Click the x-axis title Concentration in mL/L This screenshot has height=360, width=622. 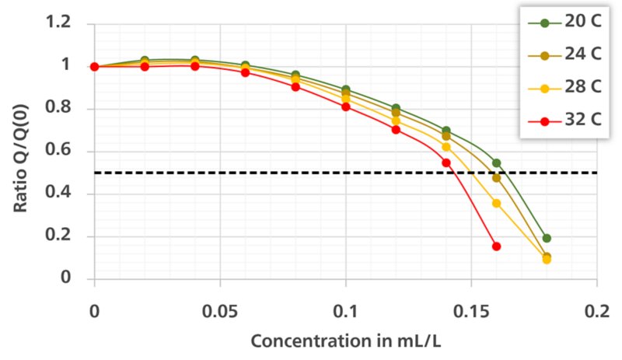tap(345, 340)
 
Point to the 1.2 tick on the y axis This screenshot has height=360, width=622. tap(59, 23)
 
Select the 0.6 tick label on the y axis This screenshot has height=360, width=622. tap(59, 151)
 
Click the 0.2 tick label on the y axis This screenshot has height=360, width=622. tap(59, 236)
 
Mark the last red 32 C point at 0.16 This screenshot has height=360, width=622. tap(496, 246)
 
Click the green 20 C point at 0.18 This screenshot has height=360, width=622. tap(547, 239)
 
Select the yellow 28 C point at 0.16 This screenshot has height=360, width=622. tap(496, 203)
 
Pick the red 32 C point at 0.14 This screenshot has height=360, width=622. tap(446, 163)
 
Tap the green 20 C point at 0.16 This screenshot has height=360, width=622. tap(496, 163)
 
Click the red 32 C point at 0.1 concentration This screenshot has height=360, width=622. tap(346, 107)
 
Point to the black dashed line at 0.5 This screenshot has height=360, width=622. tap(233, 173)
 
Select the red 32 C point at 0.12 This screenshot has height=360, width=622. tap(396, 129)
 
